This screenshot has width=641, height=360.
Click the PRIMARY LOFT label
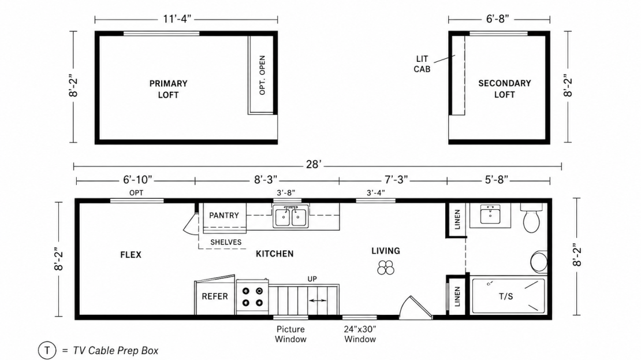(168, 89)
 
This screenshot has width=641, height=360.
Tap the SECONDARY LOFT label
(505, 89)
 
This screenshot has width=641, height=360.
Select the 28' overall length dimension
(314, 165)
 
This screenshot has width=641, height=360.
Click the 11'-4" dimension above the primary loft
(177, 19)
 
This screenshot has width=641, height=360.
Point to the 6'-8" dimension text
(498, 19)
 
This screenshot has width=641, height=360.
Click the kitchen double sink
(290, 217)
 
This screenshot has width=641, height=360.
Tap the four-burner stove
(252, 296)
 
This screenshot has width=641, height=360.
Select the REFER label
(215, 296)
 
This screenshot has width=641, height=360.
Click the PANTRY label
(223, 216)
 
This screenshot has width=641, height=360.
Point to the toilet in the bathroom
(531, 218)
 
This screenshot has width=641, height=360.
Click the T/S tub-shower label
(506, 296)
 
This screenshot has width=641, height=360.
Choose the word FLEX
(131, 255)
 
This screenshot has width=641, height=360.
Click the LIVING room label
(386, 251)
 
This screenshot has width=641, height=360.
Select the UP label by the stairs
(312, 279)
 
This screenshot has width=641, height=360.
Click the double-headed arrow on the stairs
(318, 300)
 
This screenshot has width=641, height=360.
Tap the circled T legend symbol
(47, 350)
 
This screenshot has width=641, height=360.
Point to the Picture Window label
(290, 334)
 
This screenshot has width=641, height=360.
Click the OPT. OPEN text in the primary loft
(262, 75)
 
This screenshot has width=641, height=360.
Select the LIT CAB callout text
(422, 64)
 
